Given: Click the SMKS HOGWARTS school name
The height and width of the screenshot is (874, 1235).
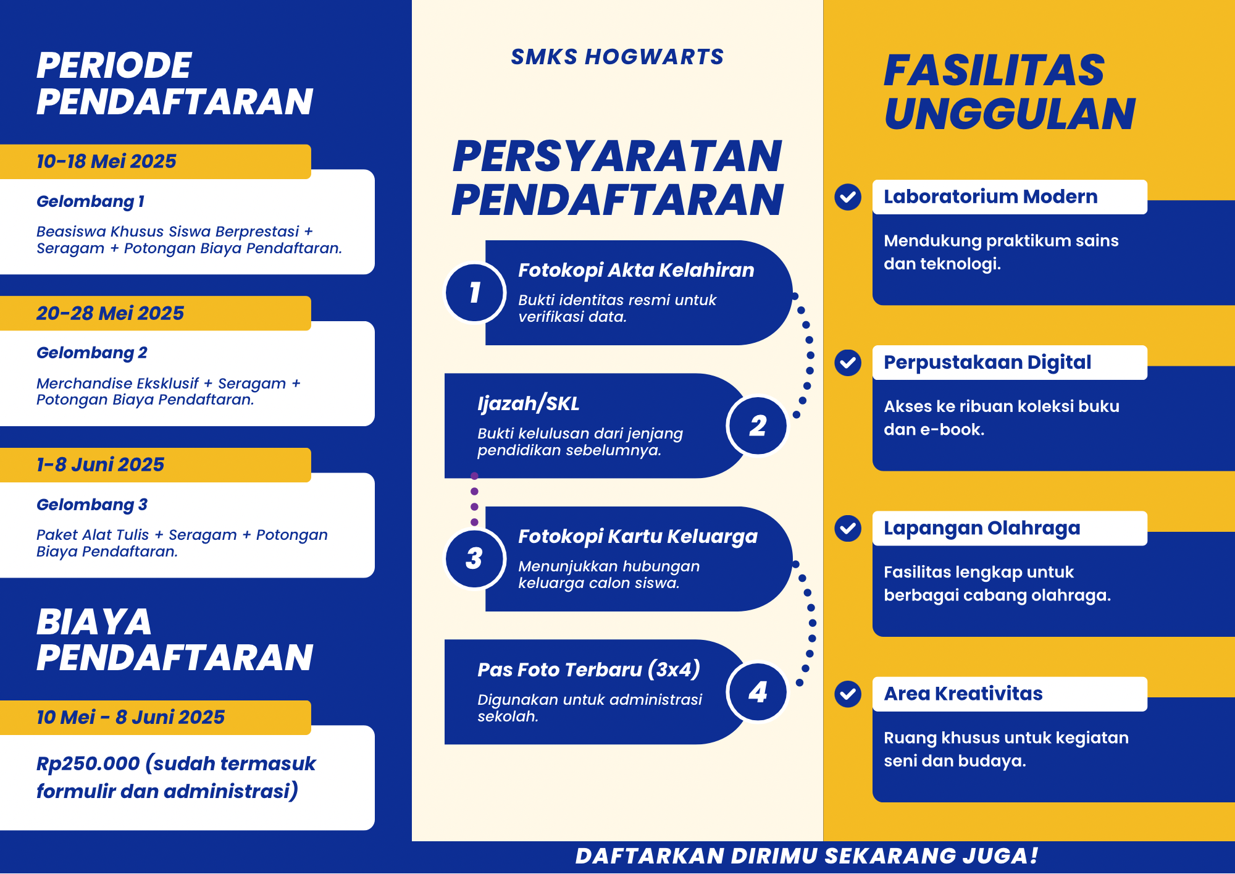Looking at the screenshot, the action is (617, 57).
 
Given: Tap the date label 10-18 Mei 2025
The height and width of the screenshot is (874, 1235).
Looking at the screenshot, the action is (106, 161).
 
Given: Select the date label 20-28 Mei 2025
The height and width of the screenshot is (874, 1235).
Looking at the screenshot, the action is (110, 313).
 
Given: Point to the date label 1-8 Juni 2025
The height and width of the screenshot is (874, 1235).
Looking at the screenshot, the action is (100, 464).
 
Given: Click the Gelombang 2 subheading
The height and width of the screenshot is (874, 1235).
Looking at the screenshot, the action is (92, 353).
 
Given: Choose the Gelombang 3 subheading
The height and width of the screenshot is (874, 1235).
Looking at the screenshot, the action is (92, 505).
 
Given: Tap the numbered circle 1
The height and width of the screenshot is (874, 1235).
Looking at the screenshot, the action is (475, 292).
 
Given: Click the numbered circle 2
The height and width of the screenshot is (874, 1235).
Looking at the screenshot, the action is (758, 426).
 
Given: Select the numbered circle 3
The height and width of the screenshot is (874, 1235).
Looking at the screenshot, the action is (475, 558).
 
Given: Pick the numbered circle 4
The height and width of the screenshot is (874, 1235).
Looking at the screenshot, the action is (758, 692).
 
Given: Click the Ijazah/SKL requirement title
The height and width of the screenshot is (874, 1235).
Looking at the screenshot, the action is (529, 403).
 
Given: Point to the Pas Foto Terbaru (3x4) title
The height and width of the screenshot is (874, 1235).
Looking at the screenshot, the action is (589, 670).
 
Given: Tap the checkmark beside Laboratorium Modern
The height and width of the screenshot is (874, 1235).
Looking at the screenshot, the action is (848, 197).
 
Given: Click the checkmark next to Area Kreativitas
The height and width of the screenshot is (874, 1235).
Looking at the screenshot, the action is (848, 694).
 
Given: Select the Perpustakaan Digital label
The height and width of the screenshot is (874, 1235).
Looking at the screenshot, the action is (987, 362).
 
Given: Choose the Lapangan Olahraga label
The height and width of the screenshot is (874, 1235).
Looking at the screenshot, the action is (982, 528).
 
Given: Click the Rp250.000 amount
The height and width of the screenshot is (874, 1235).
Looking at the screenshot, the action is (88, 764).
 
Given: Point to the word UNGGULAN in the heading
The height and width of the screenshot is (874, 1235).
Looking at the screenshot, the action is (1010, 114).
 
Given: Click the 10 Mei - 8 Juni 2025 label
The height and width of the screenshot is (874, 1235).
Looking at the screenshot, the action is (130, 717).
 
